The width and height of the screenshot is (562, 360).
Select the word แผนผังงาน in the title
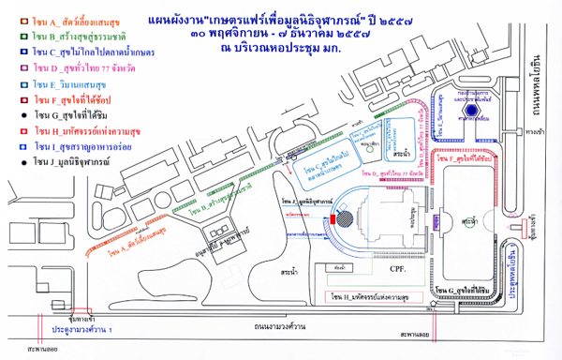click(x=179, y=18)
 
